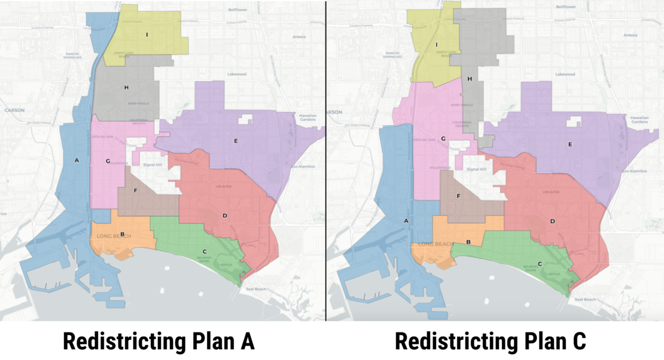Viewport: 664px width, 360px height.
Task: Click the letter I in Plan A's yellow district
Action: [x=147, y=34]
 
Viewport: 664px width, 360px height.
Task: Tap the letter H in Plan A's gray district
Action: [x=126, y=88]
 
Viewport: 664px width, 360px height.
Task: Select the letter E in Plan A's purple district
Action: [x=236, y=141]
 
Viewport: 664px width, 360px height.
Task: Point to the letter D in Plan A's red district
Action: [x=224, y=215]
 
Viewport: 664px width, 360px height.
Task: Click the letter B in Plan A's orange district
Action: [x=122, y=234]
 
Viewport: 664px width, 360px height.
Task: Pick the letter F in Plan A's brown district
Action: [x=136, y=191]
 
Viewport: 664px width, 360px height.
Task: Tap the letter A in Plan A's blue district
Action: [x=77, y=160]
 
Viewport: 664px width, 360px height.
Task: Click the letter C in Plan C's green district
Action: [x=540, y=264]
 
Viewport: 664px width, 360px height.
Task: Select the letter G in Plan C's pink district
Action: [x=443, y=139]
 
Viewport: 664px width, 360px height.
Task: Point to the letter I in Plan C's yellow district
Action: [x=437, y=44]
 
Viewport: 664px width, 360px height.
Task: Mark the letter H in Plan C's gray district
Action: [x=470, y=79]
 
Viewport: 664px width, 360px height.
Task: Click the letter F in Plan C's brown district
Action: [x=458, y=196]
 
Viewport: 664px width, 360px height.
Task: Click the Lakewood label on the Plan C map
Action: [x=564, y=74]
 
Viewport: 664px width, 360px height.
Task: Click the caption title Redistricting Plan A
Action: [x=159, y=341]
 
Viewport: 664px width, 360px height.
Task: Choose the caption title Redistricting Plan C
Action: [x=491, y=341]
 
